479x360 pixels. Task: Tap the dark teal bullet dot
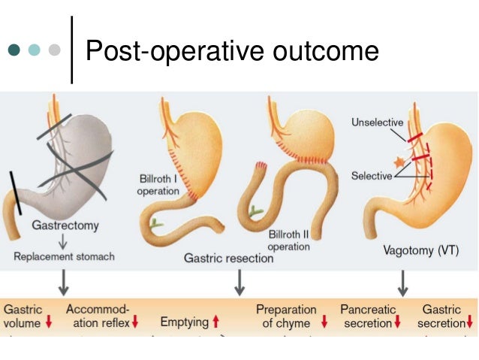14,51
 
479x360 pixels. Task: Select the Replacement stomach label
65,257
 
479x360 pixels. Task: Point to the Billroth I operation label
158,186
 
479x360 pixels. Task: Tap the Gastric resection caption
229,258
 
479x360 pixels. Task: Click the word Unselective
377,123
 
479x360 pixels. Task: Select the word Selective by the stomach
372,176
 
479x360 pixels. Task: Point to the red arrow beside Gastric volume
49,323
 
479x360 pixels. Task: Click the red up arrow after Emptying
215,322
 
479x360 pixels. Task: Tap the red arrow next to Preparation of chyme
324,322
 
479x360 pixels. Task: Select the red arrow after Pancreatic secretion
397,323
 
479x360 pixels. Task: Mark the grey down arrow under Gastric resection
239,282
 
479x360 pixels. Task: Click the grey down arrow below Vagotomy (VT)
402,282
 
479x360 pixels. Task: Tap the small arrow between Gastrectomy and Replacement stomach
64,241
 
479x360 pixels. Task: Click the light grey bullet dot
53,51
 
